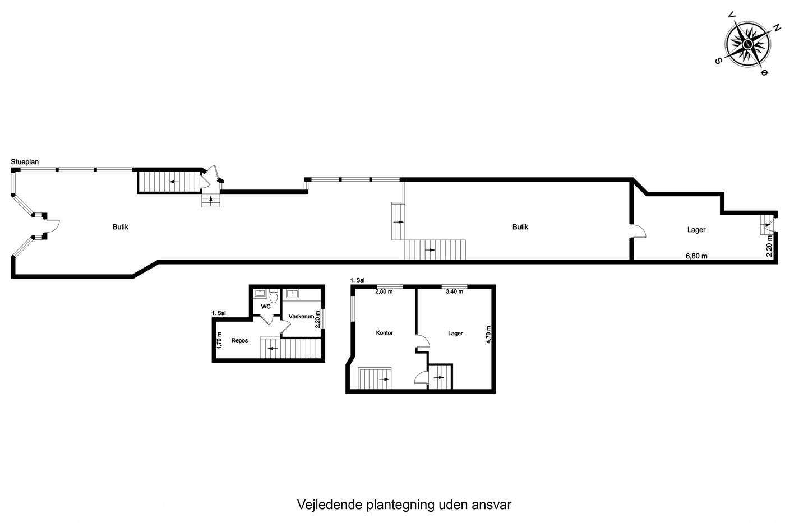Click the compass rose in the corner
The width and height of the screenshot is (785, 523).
[x=747, y=44]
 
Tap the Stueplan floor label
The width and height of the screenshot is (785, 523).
[x=25, y=162]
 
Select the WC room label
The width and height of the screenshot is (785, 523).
[x=266, y=307]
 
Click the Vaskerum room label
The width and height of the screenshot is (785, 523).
[x=301, y=316]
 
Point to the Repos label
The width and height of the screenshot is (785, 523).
[x=240, y=340]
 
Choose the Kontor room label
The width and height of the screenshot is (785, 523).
[x=385, y=333]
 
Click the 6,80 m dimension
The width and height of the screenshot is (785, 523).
[x=696, y=256]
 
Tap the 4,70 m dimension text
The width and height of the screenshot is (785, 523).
[x=488, y=335]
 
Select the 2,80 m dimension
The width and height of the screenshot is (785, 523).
[x=384, y=291]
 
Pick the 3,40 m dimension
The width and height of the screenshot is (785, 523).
[x=455, y=291]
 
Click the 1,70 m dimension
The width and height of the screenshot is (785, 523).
[x=219, y=340]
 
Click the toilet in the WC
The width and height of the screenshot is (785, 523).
[x=274, y=296]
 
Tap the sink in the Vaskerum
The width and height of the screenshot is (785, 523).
[x=292, y=293]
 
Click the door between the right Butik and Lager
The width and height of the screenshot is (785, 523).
[x=638, y=231]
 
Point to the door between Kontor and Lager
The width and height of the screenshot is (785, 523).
[x=422, y=341]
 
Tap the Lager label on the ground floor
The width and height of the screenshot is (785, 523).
[x=696, y=230]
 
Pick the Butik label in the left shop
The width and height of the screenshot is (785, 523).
[x=120, y=227]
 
